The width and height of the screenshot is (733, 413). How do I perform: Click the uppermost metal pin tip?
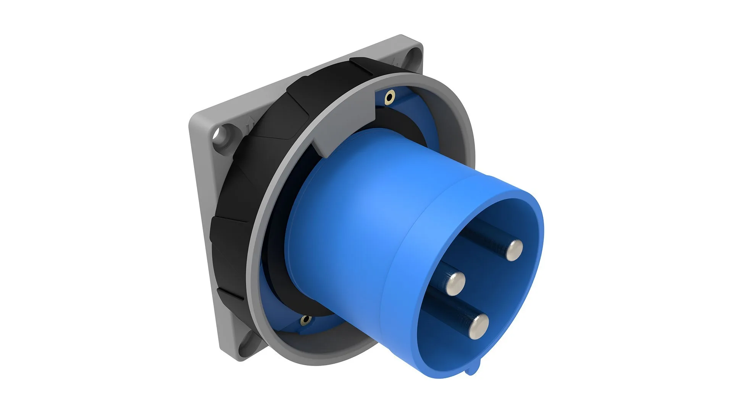coord(514,250)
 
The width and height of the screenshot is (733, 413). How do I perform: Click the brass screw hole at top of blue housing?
coord(389,98)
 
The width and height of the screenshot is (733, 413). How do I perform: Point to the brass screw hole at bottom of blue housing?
coord(305,319)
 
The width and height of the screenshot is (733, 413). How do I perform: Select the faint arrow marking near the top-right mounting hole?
coord(396,61)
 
